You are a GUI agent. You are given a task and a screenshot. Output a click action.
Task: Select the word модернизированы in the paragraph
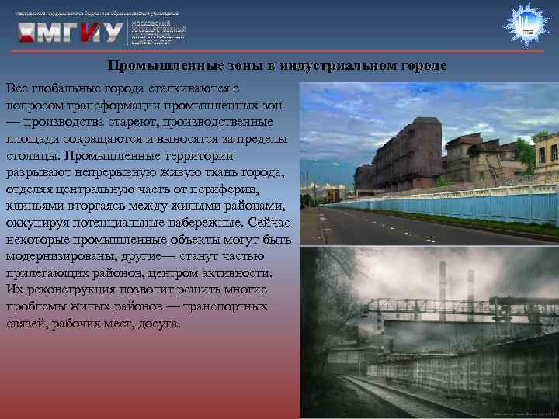click(x=60, y=255)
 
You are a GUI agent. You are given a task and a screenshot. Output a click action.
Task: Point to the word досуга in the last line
click(x=158, y=323)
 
